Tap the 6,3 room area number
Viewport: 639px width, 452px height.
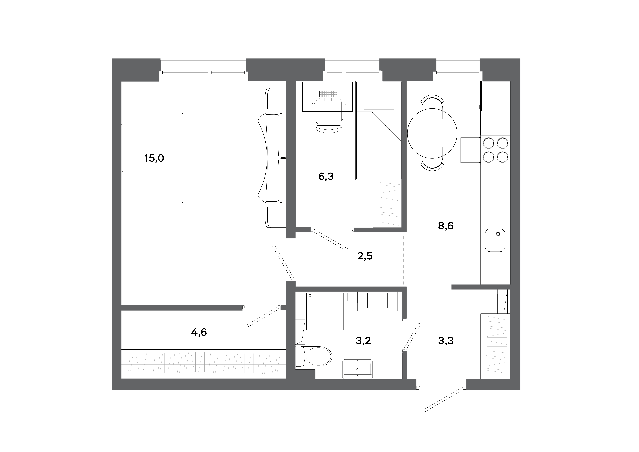pyautogui.click(x=326, y=177)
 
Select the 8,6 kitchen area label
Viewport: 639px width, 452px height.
pyautogui.click(x=446, y=226)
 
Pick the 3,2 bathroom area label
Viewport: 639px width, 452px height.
pyautogui.click(x=363, y=341)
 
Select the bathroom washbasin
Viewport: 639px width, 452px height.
pyautogui.click(x=358, y=369)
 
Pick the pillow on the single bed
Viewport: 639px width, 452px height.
pyautogui.click(x=379, y=98)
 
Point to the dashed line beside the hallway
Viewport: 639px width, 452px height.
pyautogui.click(x=404, y=259)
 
